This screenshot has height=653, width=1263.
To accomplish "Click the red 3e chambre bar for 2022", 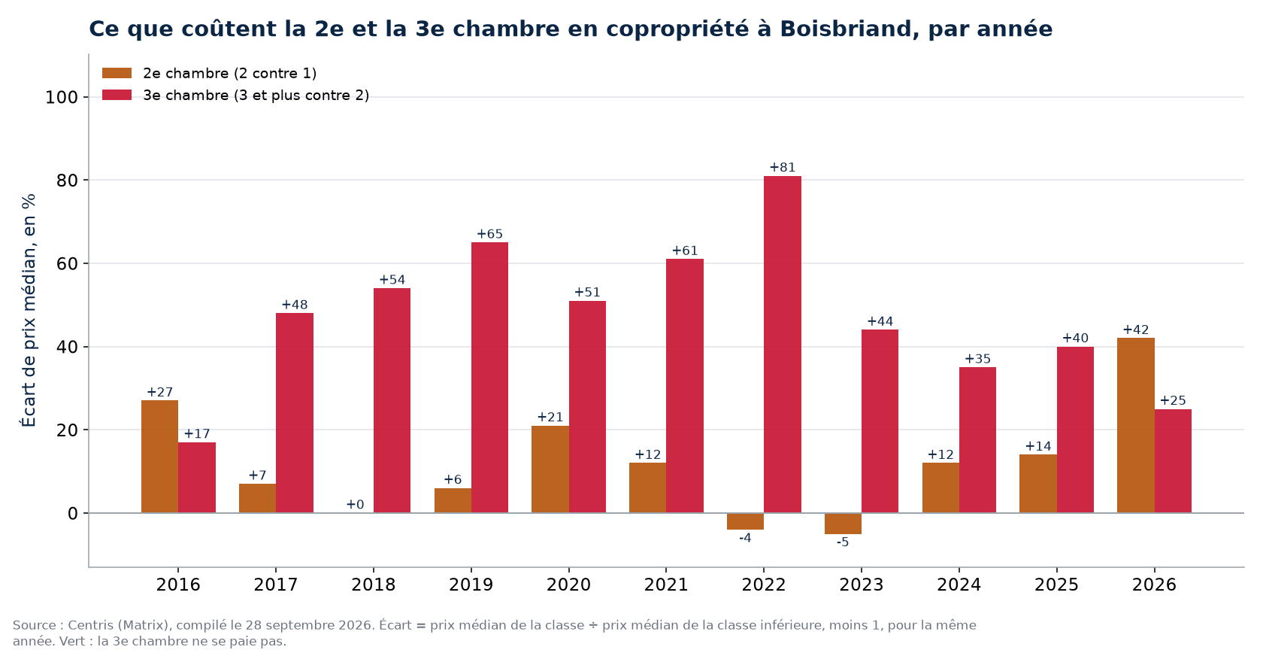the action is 782,345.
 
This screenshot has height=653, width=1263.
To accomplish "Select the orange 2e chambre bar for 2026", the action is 1135,426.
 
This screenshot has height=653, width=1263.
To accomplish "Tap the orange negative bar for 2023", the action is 843,523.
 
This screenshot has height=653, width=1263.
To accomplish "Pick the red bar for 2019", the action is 489,378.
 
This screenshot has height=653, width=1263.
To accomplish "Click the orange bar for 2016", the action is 159,457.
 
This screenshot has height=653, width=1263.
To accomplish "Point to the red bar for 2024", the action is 977,440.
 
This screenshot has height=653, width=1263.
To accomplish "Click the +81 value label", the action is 783,168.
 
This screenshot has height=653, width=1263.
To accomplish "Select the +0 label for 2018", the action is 355,505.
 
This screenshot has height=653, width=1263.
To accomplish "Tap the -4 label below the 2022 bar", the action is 746,538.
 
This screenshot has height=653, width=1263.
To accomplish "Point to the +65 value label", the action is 490,234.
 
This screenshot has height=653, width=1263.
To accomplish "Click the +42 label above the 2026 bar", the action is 1135,330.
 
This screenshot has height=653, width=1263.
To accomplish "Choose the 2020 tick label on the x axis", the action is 568,585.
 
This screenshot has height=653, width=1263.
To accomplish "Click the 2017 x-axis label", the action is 276,585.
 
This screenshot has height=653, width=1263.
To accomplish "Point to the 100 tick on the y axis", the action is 62,98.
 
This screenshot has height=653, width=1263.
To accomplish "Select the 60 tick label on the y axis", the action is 67,263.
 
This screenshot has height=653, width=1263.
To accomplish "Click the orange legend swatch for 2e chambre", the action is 117,74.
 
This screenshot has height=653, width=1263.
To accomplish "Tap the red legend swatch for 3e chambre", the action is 117,96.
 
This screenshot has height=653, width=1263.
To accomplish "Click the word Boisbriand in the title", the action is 846,29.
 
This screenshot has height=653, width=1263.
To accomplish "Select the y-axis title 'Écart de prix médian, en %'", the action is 29,311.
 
